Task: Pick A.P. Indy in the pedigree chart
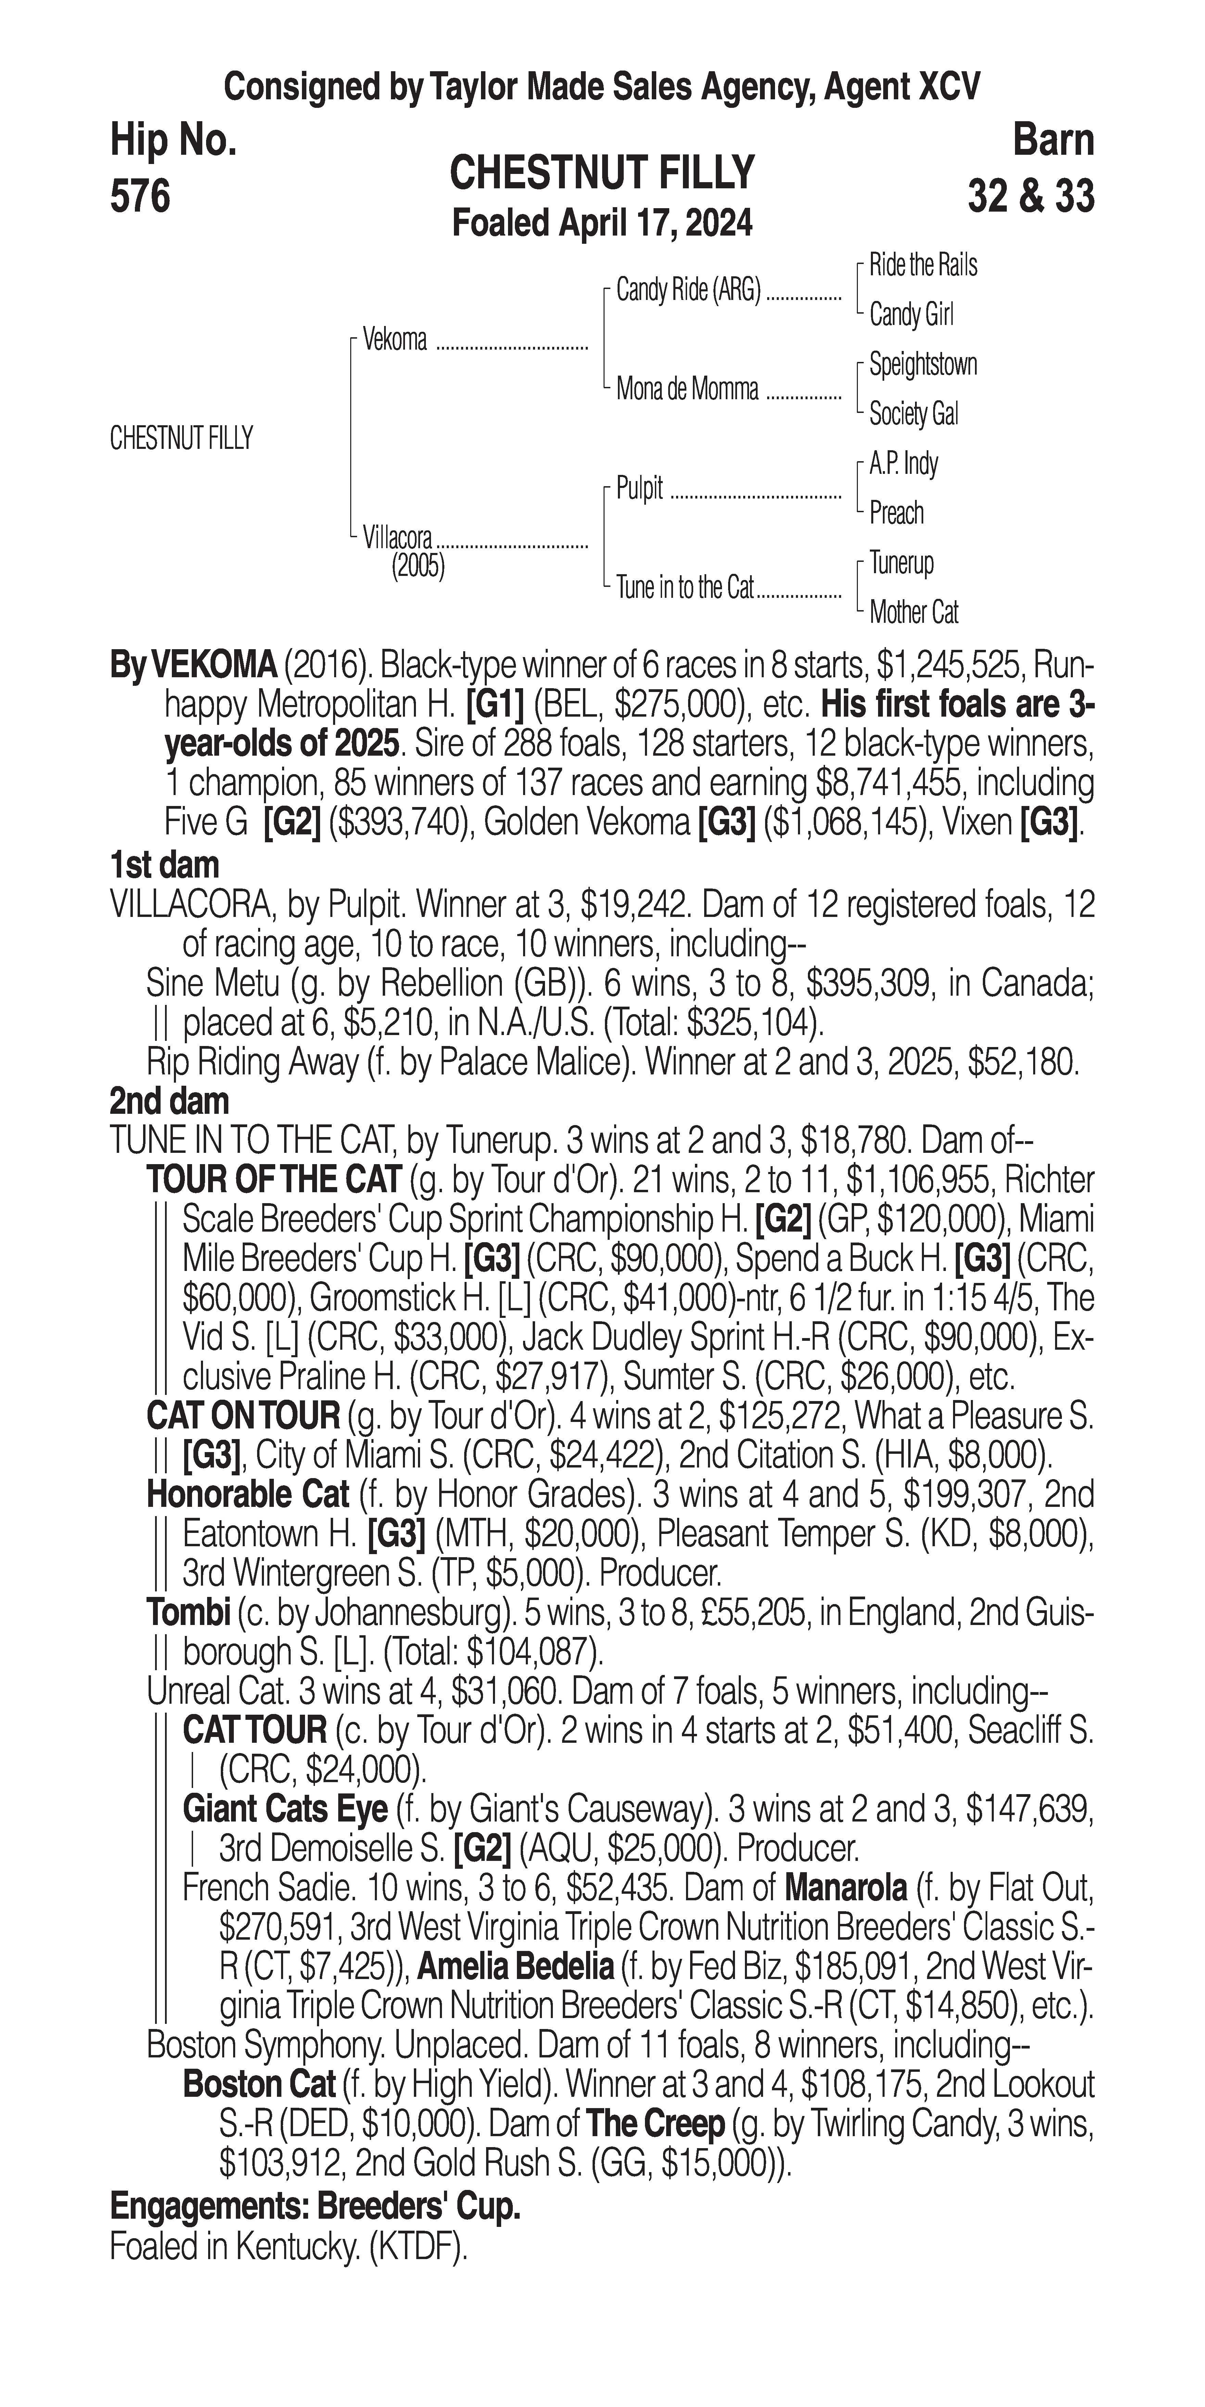click(x=903, y=464)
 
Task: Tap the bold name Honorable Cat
click(x=248, y=1495)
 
